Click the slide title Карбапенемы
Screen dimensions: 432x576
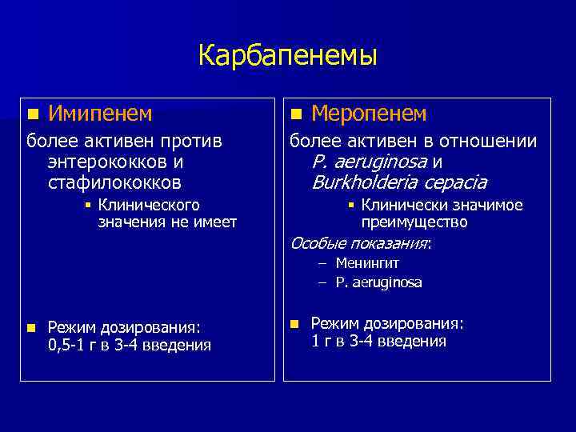pos(287,56)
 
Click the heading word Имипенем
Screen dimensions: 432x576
pos(100,114)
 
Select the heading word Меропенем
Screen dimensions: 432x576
pos(368,114)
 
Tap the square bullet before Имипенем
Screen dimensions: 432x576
pos(31,114)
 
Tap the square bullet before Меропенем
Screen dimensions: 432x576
pos(296,114)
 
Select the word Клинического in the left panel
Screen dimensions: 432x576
pos(149,206)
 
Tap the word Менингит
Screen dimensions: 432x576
pos(367,263)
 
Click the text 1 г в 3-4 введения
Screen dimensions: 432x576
pos(378,342)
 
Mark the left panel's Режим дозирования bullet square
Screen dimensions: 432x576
pos(30,327)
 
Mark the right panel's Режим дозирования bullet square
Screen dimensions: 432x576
pos(294,323)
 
